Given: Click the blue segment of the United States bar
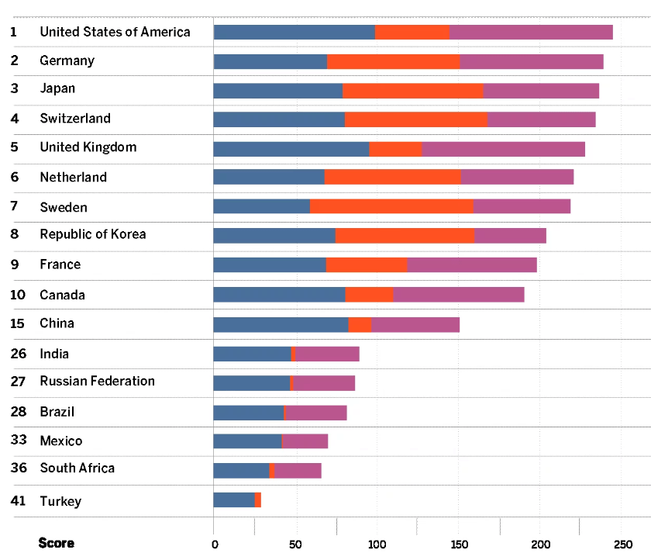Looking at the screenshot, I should pyautogui.click(x=294, y=32).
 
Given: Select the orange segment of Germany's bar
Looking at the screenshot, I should pyautogui.click(x=393, y=61).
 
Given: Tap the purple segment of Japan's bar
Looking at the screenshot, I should pyautogui.click(x=541, y=91).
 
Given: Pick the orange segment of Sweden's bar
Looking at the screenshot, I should pyautogui.click(x=391, y=206).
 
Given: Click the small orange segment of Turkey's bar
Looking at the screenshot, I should pyautogui.click(x=258, y=500).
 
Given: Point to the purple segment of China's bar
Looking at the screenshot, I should pyautogui.click(x=415, y=324).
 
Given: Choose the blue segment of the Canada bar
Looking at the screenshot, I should pyautogui.click(x=279, y=295).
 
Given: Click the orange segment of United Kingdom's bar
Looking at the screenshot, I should pyautogui.click(x=395, y=149).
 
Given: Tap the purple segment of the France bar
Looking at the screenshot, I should pyautogui.click(x=472, y=265).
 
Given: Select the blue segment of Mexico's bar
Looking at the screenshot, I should pyautogui.click(x=247, y=441).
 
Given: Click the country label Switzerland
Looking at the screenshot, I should pyautogui.click(x=75, y=119).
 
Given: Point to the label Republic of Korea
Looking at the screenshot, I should pyautogui.click(x=92, y=234).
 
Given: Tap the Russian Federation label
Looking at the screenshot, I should pyautogui.click(x=97, y=381).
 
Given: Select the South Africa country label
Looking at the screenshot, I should pyautogui.click(x=77, y=468).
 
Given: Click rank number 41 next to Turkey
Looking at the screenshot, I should pyautogui.click(x=19, y=501).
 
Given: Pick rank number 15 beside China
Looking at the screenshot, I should pyautogui.click(x=19, y=323).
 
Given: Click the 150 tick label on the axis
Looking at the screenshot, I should pyautogui.click(x=459, y=544).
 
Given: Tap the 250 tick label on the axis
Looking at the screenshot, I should pyautogui.click(x=622, y=544).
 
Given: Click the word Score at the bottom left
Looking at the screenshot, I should pyautogui.click(x=56, y=543).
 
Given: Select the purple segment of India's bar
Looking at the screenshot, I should pyautogui.click(x=327, y=354).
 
